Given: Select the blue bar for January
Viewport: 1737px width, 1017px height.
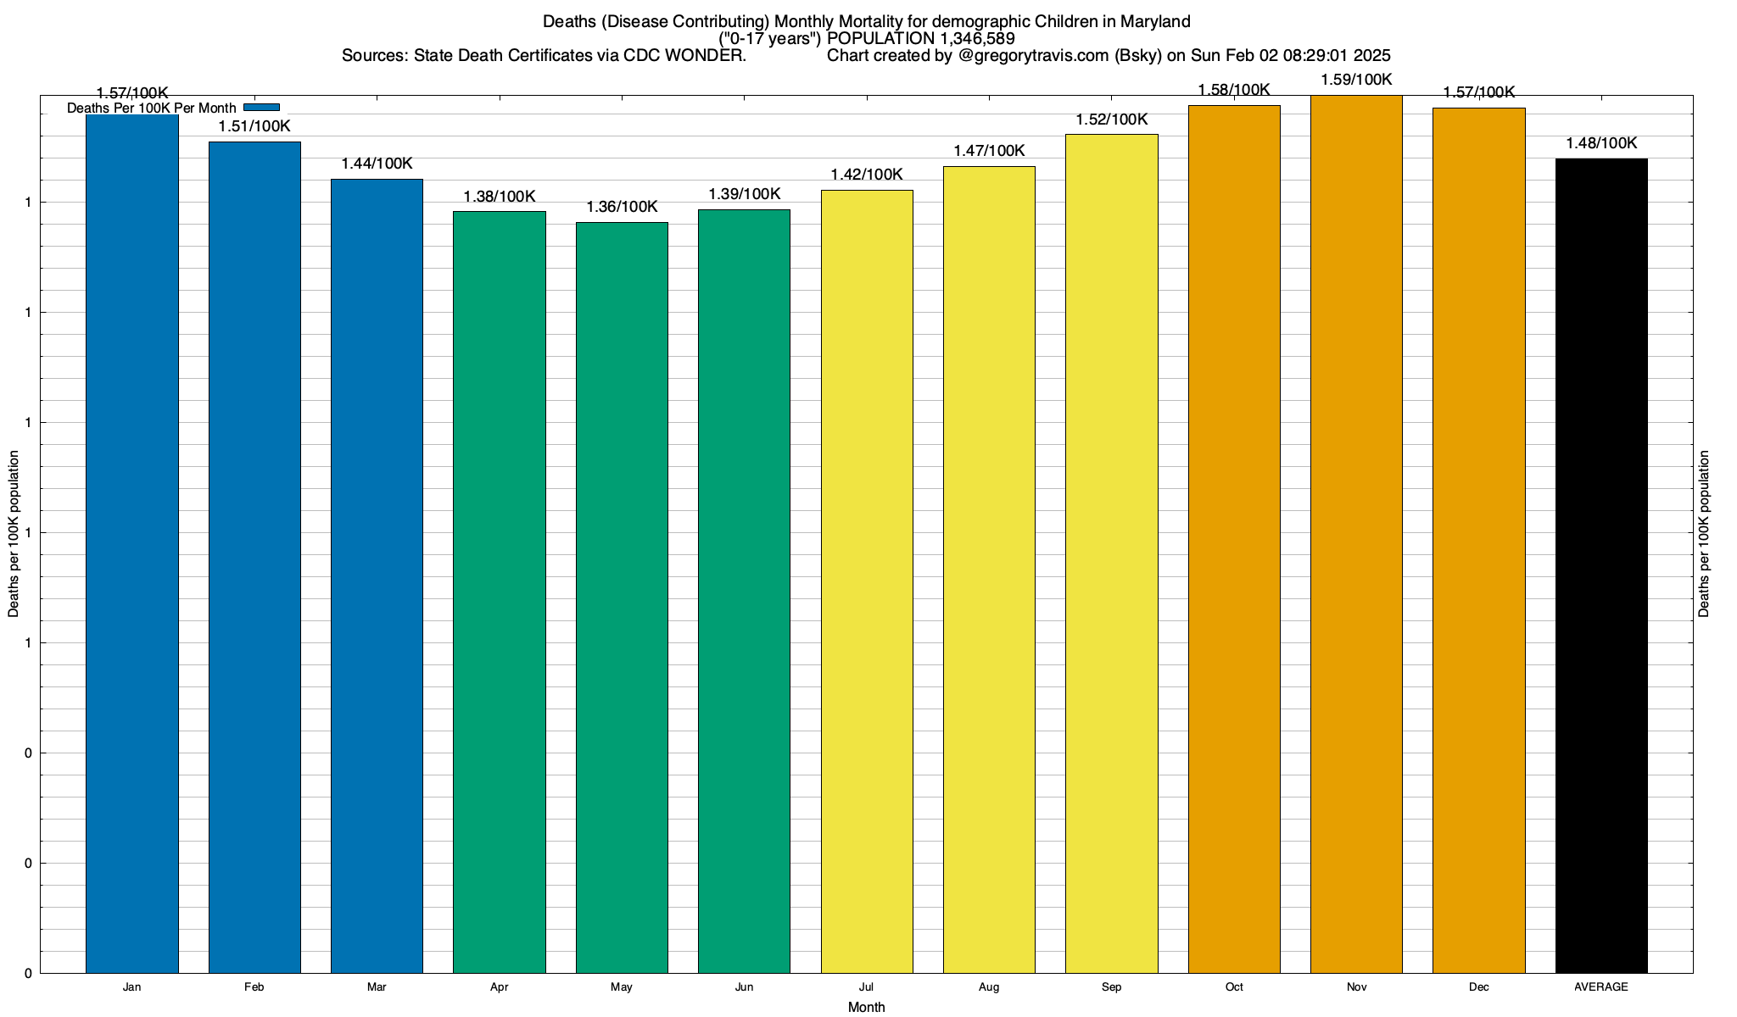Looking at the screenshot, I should click(x=132, y=542).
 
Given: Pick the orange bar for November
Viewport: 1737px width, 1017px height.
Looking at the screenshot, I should click(x=1356, y=534).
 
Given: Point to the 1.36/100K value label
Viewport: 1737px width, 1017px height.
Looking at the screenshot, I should click(x=622, y=208).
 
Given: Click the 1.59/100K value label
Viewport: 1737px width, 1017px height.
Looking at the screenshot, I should click(x=1356, y=81).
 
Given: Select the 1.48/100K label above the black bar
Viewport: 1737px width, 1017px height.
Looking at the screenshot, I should click(x=1601, y=144).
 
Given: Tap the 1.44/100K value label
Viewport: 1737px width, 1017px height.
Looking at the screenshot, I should click(x=377, y=164).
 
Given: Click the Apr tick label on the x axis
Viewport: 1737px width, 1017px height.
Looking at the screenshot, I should click(x=500, y=987).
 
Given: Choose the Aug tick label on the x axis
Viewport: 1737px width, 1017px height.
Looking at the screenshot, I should click(x=989, y=987).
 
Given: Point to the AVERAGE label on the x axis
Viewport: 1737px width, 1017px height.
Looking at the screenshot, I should click(x=1601, y=987).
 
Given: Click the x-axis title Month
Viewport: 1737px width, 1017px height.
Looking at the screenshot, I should click(x=866, y=1008).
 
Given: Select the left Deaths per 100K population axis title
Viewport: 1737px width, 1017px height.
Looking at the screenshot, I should click(x=14, y=534).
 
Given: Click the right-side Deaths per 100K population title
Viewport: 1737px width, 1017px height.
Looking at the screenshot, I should click(x=1704, y=534).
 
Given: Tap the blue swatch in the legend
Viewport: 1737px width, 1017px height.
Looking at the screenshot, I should click(x=261, y=108).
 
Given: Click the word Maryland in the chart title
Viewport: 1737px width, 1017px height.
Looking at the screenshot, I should click(x=1157, y=21).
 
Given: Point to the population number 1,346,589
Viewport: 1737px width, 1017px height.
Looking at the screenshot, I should click(x=978, y=39).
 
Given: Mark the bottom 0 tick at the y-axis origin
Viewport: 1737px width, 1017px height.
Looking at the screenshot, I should click(x=29, y=974).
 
